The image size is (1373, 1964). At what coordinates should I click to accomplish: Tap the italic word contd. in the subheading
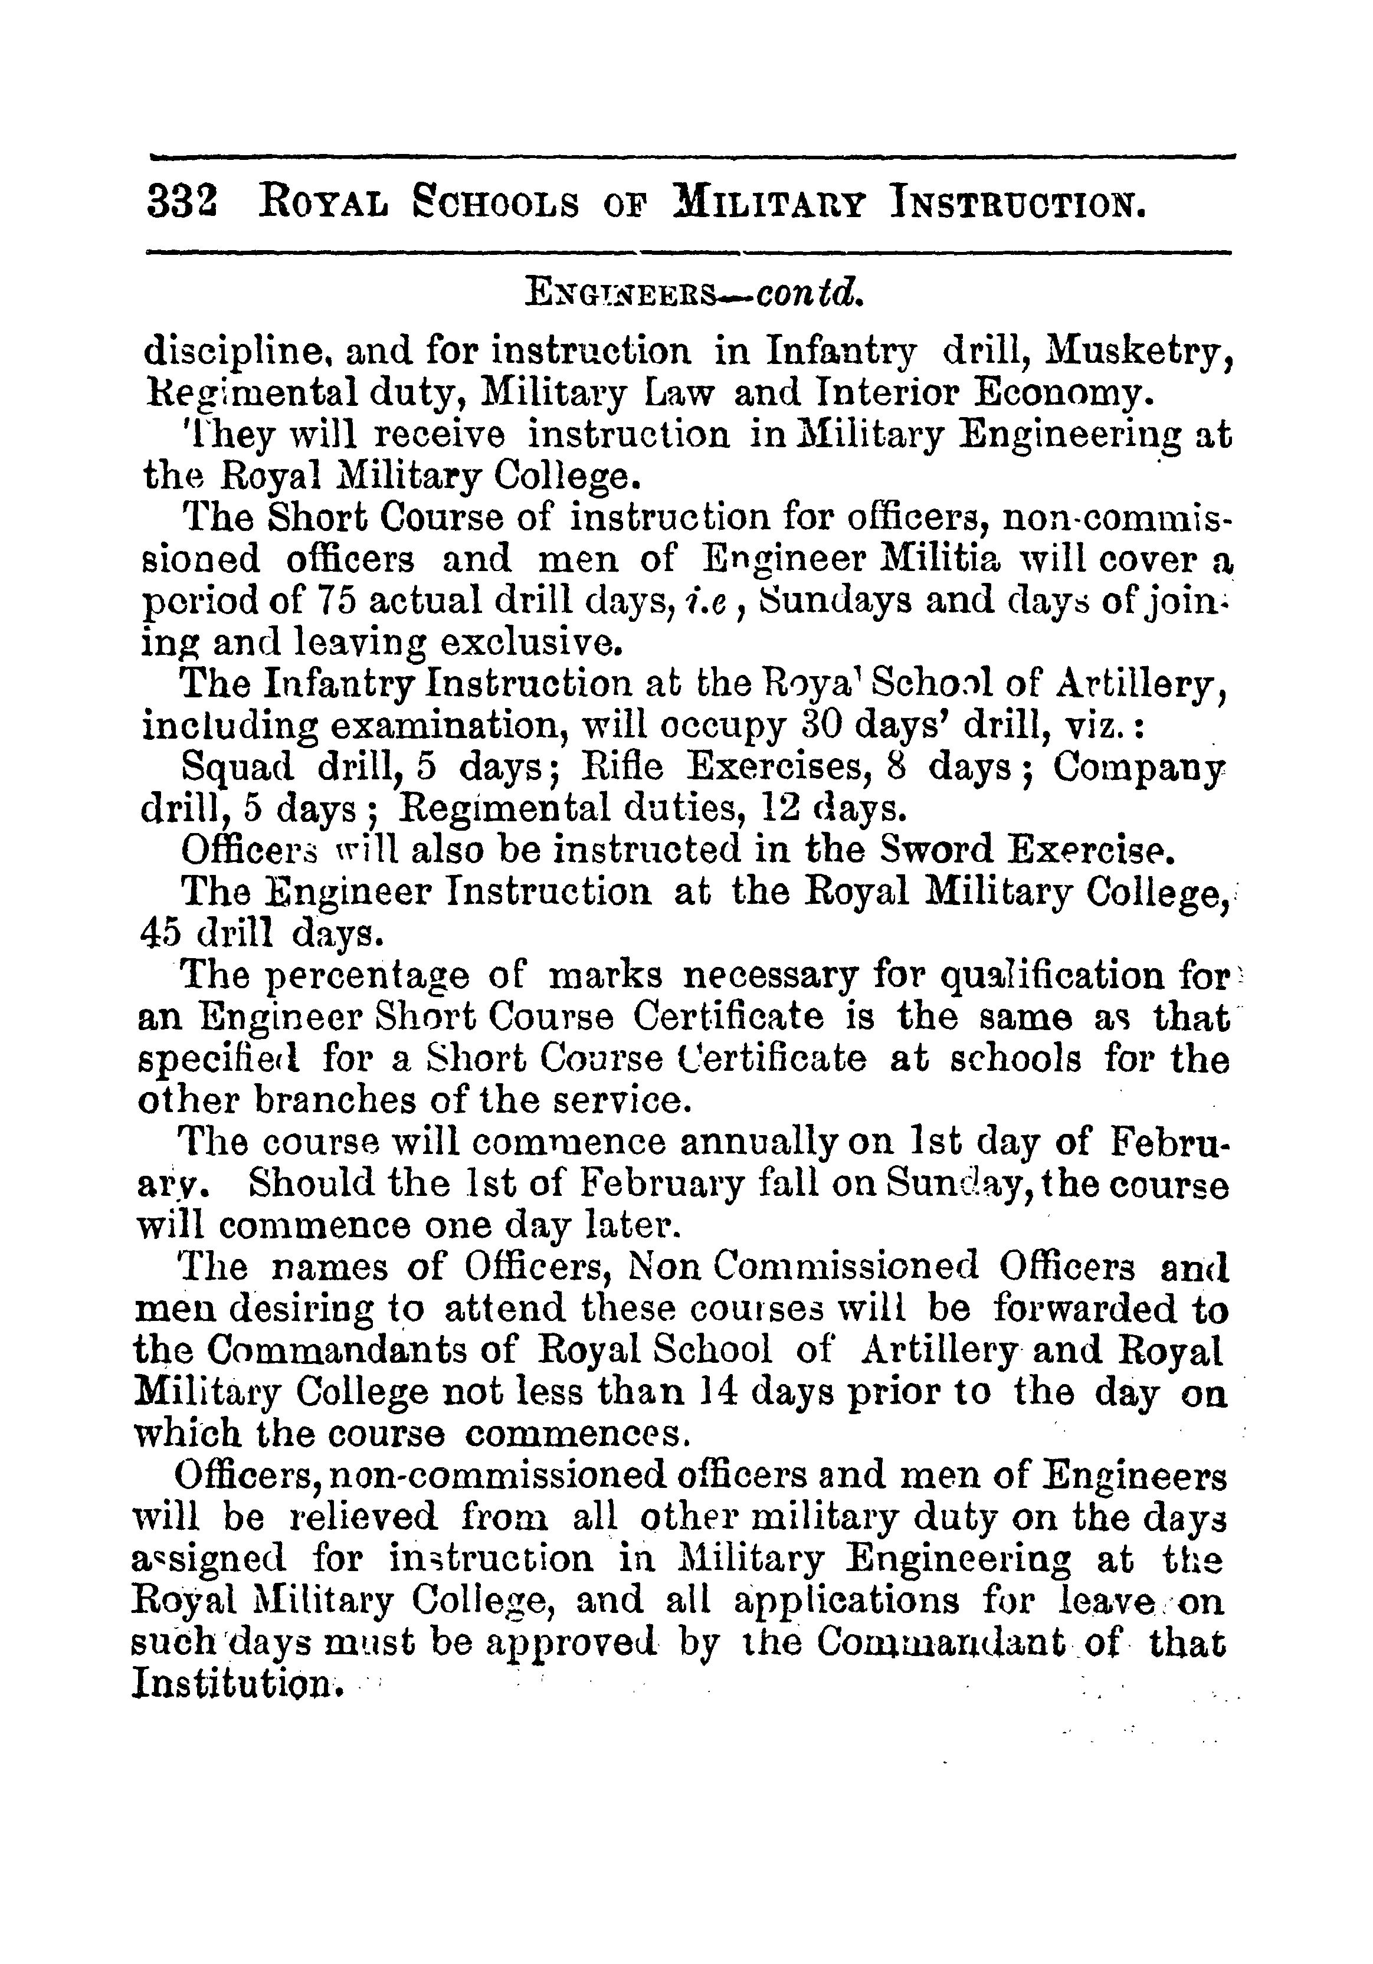pyautogui.click(x=808, y=293)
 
